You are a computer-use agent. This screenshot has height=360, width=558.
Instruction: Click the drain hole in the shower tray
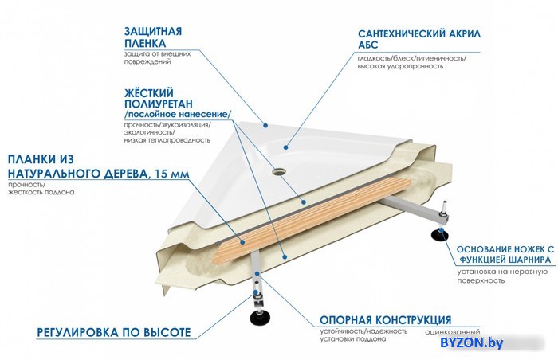[x=279, y=172]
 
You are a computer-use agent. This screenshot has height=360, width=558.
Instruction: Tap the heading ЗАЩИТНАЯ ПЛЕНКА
[x=153, y=37]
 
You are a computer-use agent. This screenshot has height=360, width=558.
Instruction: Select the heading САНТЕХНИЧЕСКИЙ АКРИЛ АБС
[x=418, y=39]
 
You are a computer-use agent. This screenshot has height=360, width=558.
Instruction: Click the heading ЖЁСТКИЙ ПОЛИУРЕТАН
[x=159, y=98]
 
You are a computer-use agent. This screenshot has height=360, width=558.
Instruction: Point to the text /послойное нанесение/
[x=178, y=115]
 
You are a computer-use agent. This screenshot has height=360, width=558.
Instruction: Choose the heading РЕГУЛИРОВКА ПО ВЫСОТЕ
[x=114, y=332]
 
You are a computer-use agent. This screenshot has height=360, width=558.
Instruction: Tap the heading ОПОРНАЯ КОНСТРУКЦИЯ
[x=385, y=320]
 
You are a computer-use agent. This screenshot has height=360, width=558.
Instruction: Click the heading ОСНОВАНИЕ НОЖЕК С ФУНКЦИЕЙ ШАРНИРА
[x=505, y=254]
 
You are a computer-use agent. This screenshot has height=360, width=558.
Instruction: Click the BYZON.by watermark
[x=472, y=342]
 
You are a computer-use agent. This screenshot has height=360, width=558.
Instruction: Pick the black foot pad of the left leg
[x=260, y=318]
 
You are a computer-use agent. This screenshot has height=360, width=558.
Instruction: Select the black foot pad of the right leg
[x=440, y=235]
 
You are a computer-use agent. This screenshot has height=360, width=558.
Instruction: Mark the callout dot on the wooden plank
[x=242, y=242]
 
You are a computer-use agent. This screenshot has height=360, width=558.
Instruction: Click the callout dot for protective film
[x=265, y=125]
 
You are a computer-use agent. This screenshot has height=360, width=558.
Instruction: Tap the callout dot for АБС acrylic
[x=285, y=147]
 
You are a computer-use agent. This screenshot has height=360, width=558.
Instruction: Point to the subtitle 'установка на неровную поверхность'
[x=502, y=276]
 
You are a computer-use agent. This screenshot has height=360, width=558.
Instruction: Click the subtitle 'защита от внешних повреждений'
[x=157, y=57]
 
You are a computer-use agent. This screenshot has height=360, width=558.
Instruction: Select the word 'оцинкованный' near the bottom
[x=453, y=333]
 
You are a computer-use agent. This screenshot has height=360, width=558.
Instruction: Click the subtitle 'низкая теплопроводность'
[x=167, y=140]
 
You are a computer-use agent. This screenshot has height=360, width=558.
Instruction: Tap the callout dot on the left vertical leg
[x=257, y=273]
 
